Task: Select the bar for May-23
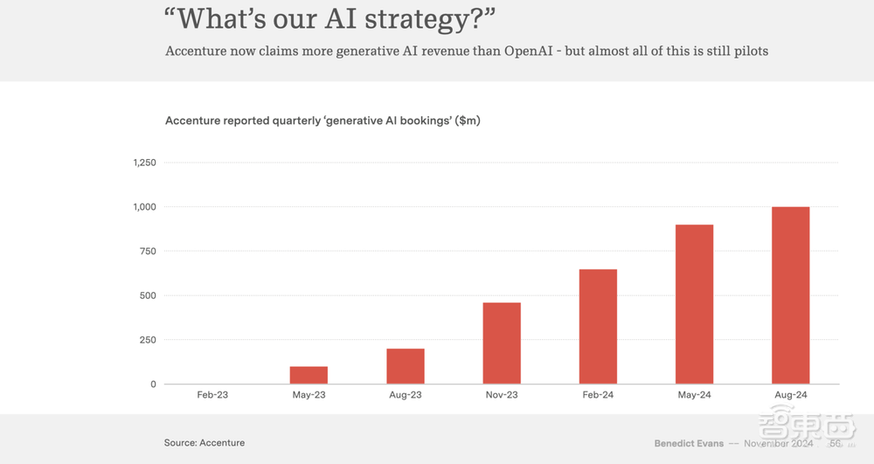pyautogui.click(x=309, y=375)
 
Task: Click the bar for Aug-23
pyautogui.click(x=406, y=366)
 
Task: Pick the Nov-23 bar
pyautogui.click(x=502, y=343)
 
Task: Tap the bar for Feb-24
pyautogui.click(x=598, y=327)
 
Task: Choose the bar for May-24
pyautogui.click(x=694, y=304)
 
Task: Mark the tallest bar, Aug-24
pyautogui.click(x=790, y=295)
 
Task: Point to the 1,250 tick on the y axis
pyautogui.click(x=144, y=163)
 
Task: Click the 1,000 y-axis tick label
pyautogui.click(x=144, y=207)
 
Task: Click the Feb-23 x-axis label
pyautogui.click(x=212, y=396)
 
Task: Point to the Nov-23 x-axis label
pyautogui.click(x=502, y=396)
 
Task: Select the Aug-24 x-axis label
pyautogui.click(x=790, y=396)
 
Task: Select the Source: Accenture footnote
pyautogui.click(x=205, y=443)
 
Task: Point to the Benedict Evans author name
pyautogui.click(x=689, y=443)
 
